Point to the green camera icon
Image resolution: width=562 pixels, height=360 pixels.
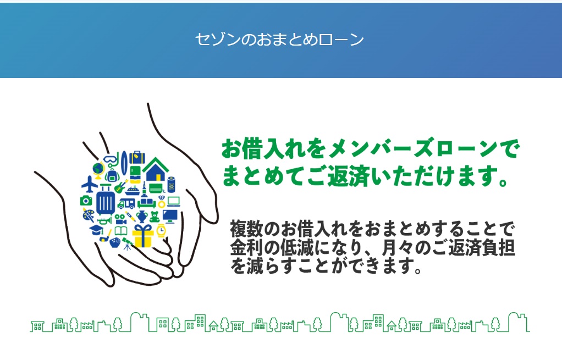[86, 201]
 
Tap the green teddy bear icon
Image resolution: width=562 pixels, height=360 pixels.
[154, 216]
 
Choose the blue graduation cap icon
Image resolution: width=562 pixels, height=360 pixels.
[96, 230]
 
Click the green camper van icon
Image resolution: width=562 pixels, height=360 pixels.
[126, 203]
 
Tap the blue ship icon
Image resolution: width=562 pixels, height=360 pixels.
[133, 190]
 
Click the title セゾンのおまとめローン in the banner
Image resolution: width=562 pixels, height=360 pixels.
[280, 40]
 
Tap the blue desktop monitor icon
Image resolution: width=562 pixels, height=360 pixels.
[170, 215]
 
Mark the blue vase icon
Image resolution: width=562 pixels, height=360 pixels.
[141, 215]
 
